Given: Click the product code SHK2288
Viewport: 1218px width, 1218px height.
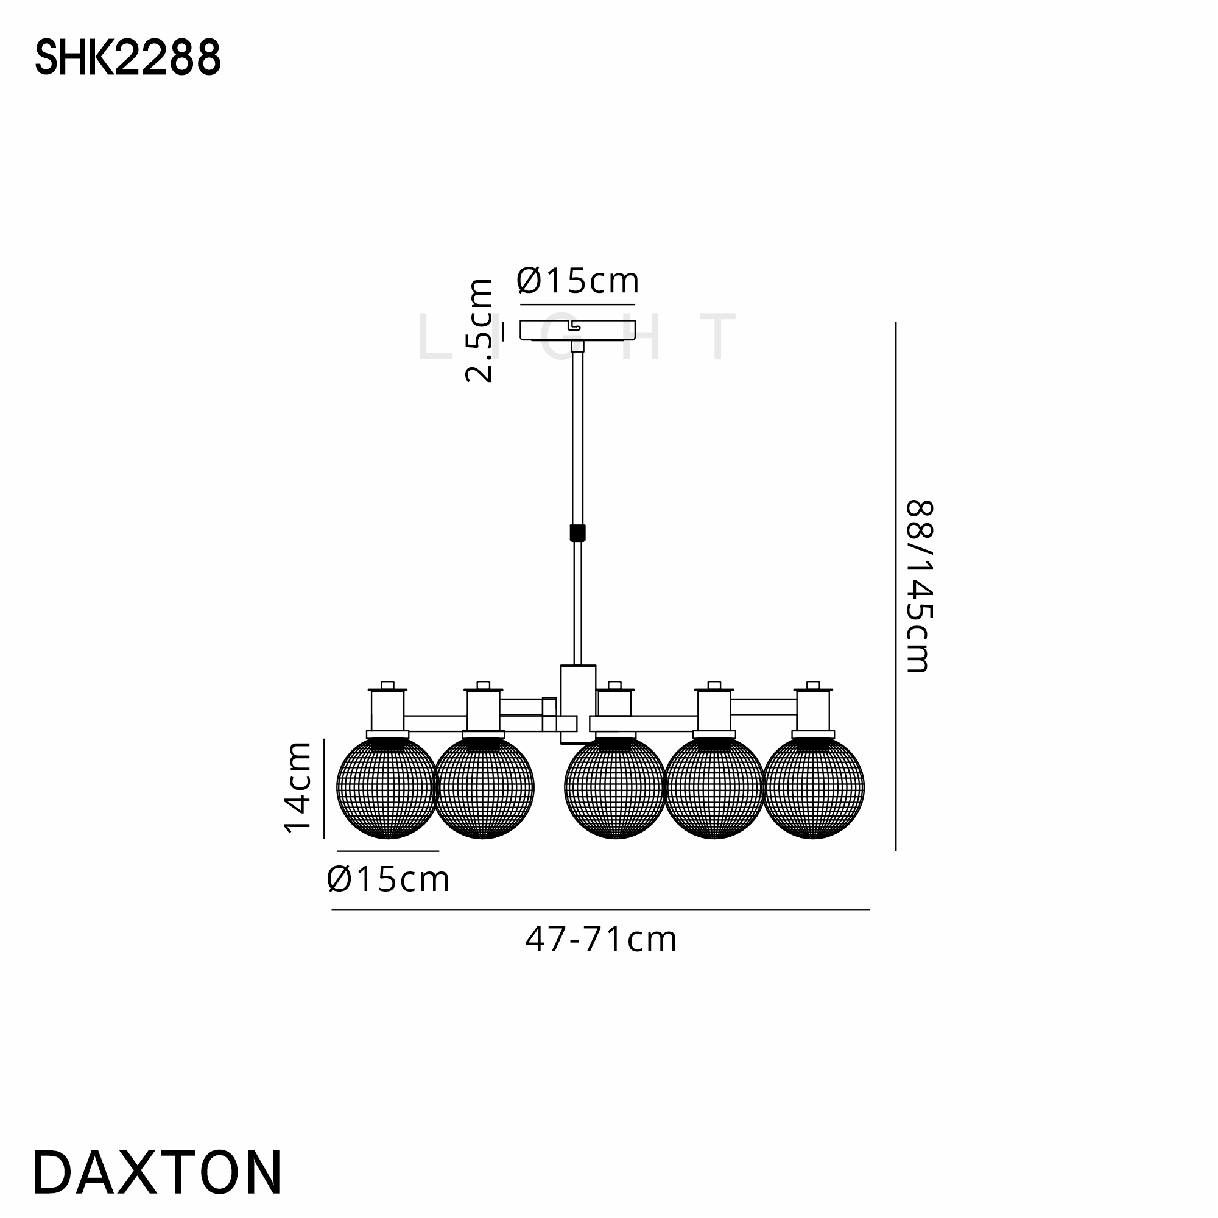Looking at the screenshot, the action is (128, 57).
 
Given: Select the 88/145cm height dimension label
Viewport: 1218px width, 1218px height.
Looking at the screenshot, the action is (918, 586).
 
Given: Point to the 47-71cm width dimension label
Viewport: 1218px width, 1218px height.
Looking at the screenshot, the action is (601, 940).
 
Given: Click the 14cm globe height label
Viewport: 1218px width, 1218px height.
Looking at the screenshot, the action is (298, 787).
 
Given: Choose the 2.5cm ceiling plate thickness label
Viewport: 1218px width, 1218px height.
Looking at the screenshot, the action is (479, 330).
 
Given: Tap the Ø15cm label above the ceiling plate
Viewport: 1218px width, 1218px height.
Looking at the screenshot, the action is (577, 281).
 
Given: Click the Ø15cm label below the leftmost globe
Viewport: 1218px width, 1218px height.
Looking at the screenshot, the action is (389, 879).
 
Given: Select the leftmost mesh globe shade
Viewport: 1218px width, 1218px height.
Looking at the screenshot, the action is (387, 787).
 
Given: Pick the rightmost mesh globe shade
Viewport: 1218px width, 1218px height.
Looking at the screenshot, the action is (813, 787).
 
